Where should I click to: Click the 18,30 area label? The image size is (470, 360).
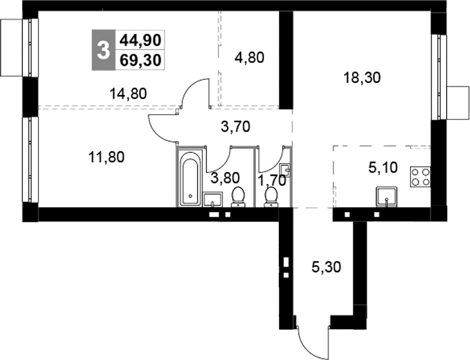[x=362, y=78]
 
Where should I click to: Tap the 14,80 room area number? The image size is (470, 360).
[x=128, y=94]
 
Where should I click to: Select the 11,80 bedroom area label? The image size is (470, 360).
[x=106, y=157]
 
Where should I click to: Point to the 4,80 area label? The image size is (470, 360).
[x=250, y=58]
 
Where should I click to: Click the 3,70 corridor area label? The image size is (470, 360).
[x=236, y=126]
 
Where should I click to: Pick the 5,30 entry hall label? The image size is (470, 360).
[x=327, y=267]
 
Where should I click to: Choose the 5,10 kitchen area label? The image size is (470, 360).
[x=383, y=168]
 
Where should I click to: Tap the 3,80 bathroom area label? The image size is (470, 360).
[x=225, y=178]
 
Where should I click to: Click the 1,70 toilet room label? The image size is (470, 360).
[x=272, y=181]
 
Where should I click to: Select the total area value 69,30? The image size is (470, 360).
[x=141, y=60]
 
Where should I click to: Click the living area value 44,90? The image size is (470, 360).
[x=141, y=40]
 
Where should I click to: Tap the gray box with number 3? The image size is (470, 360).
[x=103, y=50]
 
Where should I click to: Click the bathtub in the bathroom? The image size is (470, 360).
[x=190, y=178]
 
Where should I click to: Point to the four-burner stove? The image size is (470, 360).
[x=420, y=177]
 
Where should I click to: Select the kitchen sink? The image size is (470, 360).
[x=387, y=197]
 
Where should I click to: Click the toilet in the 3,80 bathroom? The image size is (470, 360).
[x=238, y=197]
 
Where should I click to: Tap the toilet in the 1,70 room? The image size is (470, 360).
[x=271, y=197]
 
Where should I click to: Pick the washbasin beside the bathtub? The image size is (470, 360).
[x=212, y=199]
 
